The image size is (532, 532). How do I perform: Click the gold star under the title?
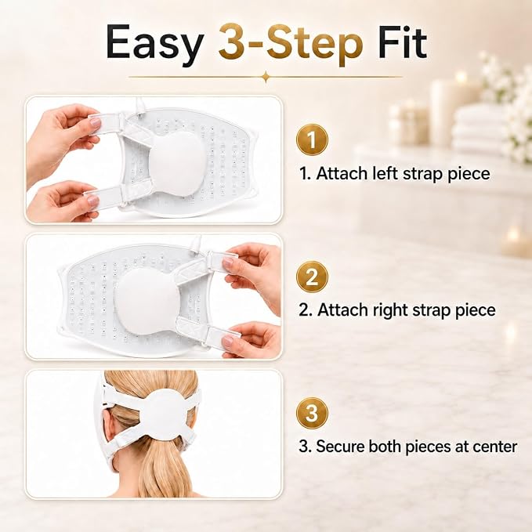(x=266, y=77)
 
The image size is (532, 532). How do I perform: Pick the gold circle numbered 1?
(x=312, y=139)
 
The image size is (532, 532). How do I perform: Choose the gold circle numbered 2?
(x=312, y=277)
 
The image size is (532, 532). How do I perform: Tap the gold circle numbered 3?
(x=312, y=413)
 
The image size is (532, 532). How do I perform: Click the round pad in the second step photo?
(x=147, y=301)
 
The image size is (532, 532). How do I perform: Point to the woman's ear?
(x=109, y=427)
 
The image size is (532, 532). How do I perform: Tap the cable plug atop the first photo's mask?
(x=139, y=104)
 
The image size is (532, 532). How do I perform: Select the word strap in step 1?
(x=423, y=174)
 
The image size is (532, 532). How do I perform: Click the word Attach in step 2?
(x=340, y=309)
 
